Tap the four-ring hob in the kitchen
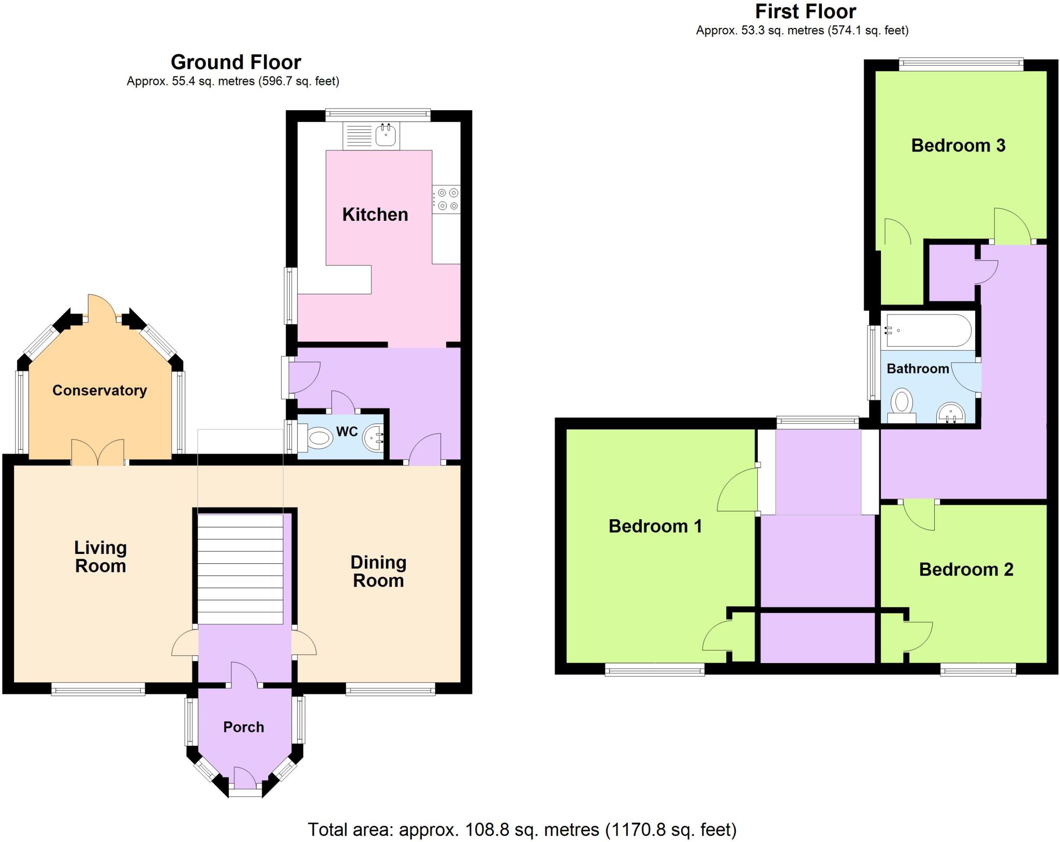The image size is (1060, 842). coord(446,199)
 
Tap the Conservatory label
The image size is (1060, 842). coord(99,390)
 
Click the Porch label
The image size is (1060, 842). coord(243,727)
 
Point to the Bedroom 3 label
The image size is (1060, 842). coord(958,145)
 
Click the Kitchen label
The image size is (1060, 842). coord(375,214)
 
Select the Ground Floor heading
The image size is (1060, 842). coord(235,62)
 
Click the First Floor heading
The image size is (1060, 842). coord(805,11)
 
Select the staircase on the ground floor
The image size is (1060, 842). coord(241,569)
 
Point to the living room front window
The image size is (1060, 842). coord(98,688)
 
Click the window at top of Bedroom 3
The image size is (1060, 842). coord(961,64)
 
